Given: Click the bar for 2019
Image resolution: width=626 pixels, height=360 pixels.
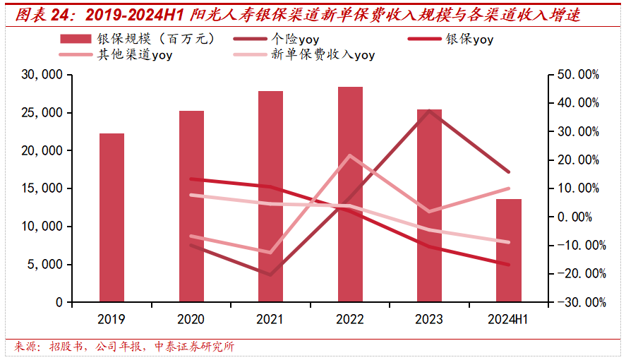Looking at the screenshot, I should tap(112, 217).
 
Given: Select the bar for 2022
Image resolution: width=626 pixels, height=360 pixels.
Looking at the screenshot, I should tap(350, 194).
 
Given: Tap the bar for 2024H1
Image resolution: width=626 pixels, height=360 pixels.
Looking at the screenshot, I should tap(509, 251).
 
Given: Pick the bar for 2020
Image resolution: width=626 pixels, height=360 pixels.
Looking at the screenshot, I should tap(191, 206).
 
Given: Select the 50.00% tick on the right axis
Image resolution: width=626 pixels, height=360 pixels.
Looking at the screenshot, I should tap(577, 75).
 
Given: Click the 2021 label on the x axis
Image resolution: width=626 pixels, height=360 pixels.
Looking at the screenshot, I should tap(270, 319).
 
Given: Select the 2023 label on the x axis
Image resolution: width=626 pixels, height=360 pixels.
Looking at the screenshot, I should tap(429, 319).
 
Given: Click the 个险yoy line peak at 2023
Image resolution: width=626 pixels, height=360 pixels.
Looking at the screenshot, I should tap(429, 110).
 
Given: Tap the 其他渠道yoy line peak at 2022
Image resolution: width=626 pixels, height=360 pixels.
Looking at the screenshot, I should tap(350, 155).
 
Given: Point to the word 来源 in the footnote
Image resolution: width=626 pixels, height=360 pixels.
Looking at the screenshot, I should tap(26, 347).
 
